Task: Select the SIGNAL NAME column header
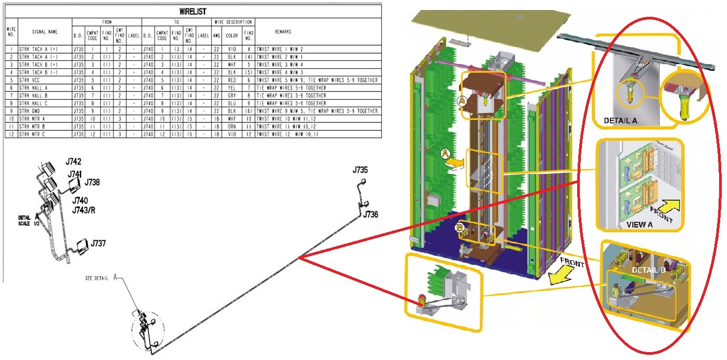pos(45,32)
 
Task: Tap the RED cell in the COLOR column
pos(232,79)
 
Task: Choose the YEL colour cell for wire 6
pos(232,87)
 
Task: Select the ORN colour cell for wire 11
pos(232,127)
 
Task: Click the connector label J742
pos(74,161)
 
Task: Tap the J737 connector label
pos(98,244)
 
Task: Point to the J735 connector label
pos(361,170)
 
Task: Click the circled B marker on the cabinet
pos(460,228)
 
